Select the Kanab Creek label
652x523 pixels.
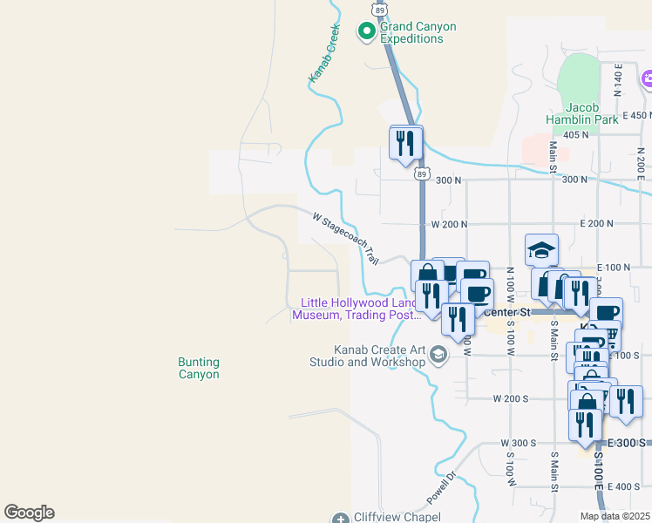coord(323,54)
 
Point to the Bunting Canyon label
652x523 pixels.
coord(199,368)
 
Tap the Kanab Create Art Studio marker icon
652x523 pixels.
coord(438,353)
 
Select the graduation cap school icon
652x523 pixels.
coord(541,249)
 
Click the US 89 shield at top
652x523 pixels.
coord(377,9)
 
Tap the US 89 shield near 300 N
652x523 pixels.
coord(422,173)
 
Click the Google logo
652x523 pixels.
coord(29,513)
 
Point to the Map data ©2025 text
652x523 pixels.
coord(614,516)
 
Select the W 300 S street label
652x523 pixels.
coord(518,444)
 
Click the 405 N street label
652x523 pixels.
coord(576,134)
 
